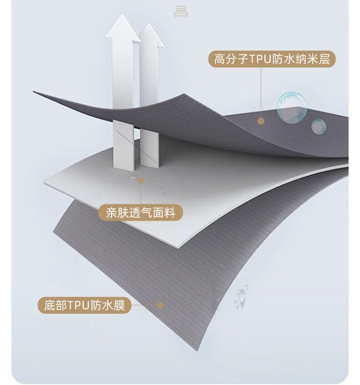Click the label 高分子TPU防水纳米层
[272, 59]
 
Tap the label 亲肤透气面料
[140, 213]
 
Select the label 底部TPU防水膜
[84, 305]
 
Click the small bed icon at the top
[181, 12]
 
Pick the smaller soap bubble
[319, 126]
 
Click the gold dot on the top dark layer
[261, 121]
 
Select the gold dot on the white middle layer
[141, 181]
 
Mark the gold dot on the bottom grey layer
[160, 305]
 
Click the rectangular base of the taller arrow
[123, 144]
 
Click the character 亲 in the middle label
[112, 213]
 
